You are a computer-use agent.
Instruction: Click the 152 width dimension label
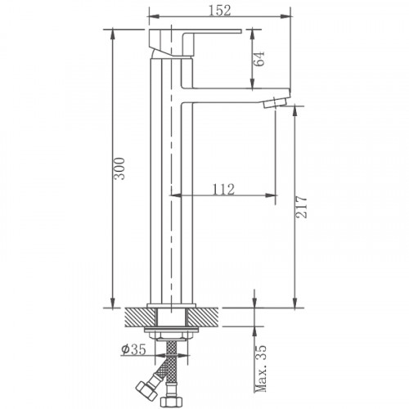218,11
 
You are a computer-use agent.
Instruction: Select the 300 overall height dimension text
121,169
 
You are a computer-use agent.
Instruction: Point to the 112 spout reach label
222,189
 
